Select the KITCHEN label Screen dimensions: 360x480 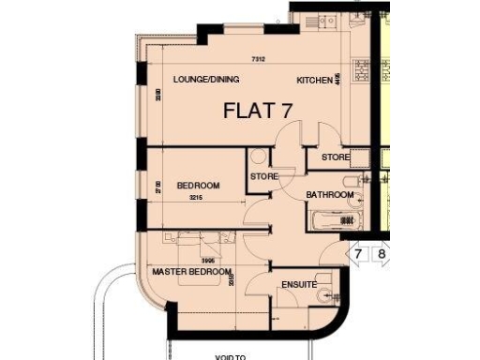coord(314,82)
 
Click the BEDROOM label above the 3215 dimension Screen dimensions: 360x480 coord(198,186)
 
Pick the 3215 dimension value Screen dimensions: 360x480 coord(196,199)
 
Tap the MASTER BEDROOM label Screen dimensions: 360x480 coord(191,272)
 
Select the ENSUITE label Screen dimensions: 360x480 coord(299,284)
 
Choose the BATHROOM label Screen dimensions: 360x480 coord(330,195)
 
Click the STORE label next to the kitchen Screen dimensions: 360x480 coord(336,157)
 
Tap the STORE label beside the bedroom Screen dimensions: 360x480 coord(262,175)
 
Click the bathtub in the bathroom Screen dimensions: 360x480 coord(336,219)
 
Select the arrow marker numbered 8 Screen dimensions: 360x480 coord(381,254)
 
